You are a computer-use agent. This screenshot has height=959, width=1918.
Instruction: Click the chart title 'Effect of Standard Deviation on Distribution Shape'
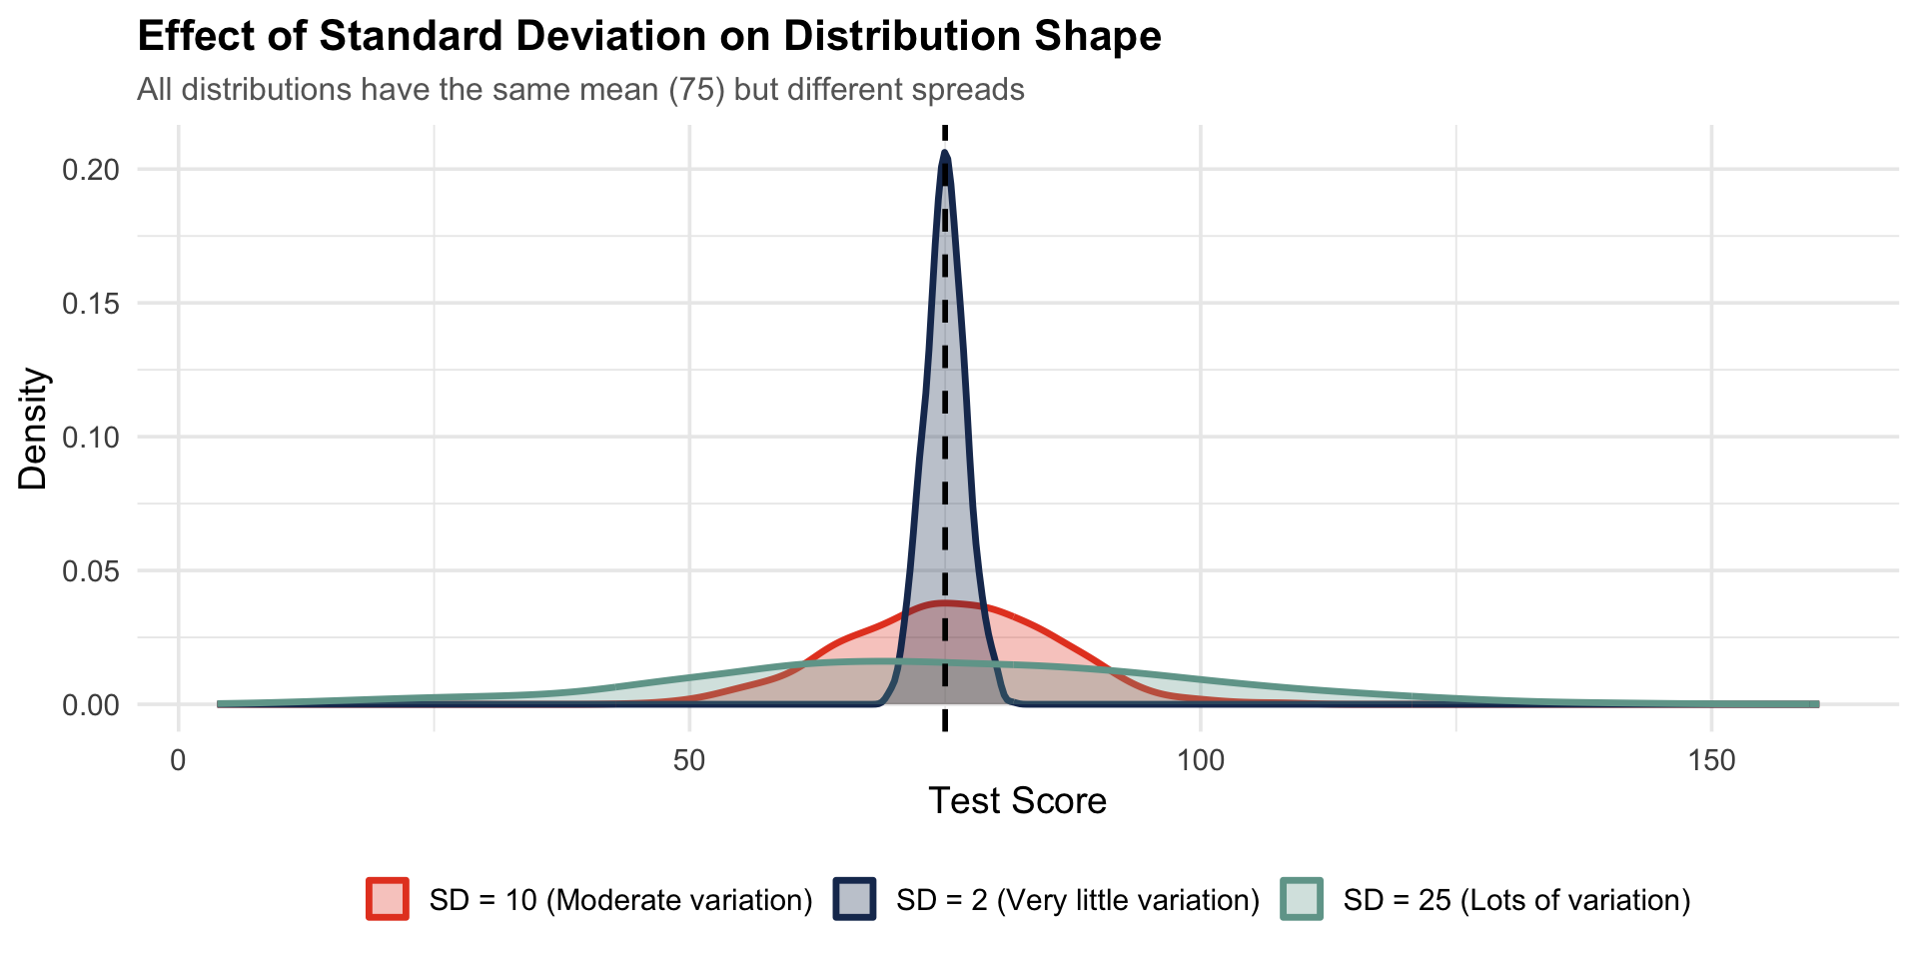pyautogui.click(x=649, y=37)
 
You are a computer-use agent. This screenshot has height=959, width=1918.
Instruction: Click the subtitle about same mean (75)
pyautogui.click(x=580, y=90)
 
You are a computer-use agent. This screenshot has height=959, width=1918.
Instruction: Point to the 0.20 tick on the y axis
pyautogui.click(x=92, y=170)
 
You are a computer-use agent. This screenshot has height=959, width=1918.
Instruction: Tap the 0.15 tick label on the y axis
pyautogui.click(x=92, y=304)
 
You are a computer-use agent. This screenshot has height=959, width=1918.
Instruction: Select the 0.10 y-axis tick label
pyautogui.click(x=92, y=438)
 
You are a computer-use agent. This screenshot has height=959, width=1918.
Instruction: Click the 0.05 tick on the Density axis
pyautogui.click(x=92, y=571)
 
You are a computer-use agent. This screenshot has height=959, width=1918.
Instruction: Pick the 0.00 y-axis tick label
pyautogui.click(x=92, y=705)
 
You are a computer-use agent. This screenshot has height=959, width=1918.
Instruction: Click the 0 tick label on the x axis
pyautogui.click(x=179, y=761)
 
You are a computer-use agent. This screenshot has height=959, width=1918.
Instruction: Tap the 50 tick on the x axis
pyautogui.click(x=689, y=761)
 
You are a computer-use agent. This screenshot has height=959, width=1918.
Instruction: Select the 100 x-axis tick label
pyautogui.click(x=1201, y=761)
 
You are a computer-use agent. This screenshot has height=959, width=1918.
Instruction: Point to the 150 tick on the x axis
pyautogui.click(x=1712, y=761)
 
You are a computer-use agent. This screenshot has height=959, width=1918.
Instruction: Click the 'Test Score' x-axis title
pyautogui.click(x=1018, y=801)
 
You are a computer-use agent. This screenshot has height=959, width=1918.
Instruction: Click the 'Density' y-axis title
pyautogui.click(x=33, y=430)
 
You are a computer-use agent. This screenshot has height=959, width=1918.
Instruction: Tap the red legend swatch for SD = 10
pyautogui.click(x=388, y=899)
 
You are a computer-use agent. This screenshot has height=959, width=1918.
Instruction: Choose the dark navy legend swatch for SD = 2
pyautogui.click(x=855, y=899)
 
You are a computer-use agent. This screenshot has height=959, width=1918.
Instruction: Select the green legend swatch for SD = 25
pyautogui.click(x=1302, y=899)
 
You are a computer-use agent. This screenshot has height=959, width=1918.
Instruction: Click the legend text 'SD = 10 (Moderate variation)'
pyautogui.click(x=621, y=900)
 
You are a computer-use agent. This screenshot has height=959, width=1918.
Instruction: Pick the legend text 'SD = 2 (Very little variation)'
pyautogui.click(x=1078, y=900)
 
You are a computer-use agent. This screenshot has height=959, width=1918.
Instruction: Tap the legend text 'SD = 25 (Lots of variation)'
pyautogui.click(x=1517, y=900)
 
